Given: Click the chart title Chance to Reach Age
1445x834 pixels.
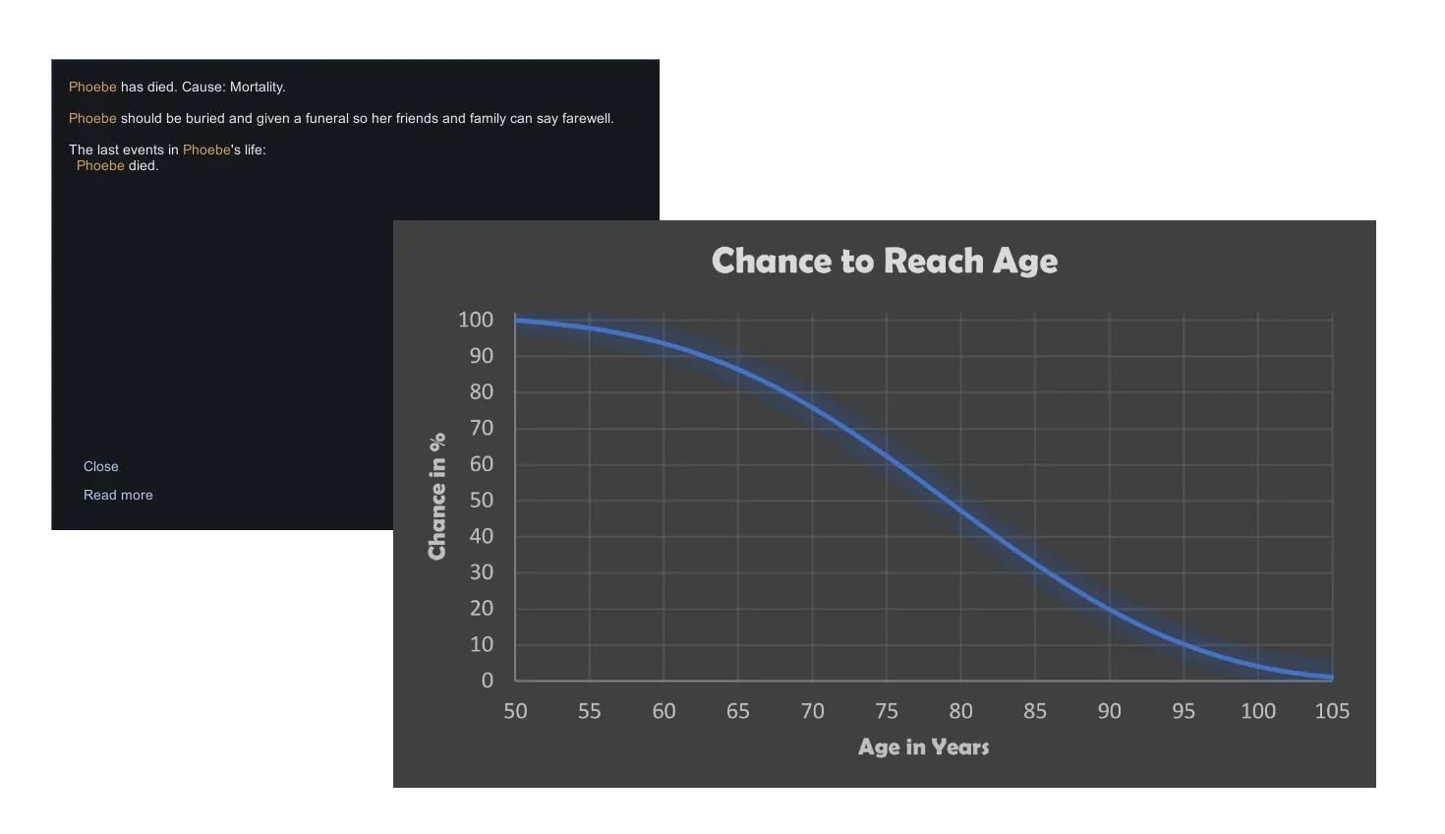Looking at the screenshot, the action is pos(885,261).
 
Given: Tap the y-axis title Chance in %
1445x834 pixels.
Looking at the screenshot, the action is pos(436,496).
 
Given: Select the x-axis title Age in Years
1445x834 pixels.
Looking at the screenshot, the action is pos(923,746).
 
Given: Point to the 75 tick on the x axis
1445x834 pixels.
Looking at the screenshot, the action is pos(887,711).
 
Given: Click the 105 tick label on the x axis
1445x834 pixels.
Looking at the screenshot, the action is pos(1331,711).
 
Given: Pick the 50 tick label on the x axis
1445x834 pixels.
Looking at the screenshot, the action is pos(515,711).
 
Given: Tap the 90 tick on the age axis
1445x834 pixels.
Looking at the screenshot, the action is pos(1109,711).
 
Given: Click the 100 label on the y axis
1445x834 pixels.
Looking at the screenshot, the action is pos(476,320).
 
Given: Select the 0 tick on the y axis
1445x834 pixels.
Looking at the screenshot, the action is pos(487,681).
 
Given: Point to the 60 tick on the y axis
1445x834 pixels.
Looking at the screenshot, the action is pos(482,464).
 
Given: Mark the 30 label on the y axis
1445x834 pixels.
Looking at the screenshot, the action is pos(482,572).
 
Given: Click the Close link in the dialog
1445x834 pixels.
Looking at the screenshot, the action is pos(100,466).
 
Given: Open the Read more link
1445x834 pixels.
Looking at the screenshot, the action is pos(118,495).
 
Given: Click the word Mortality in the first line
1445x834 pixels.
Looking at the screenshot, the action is pos(258,88).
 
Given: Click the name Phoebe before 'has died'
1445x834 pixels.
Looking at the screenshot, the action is pos(92,88).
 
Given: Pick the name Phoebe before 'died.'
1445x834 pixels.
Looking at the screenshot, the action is pos(100,166).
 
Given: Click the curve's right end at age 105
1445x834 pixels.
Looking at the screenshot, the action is pos(1332,678).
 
